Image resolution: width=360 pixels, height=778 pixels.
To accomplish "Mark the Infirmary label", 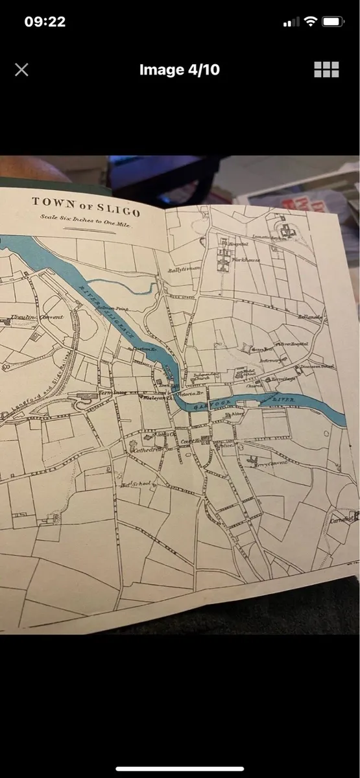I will click(268, 360).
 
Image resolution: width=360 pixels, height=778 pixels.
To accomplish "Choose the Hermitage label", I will click(284, 378).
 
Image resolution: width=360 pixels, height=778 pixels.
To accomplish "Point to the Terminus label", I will click(107, 393).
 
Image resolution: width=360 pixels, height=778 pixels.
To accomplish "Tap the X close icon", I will click(21, 70).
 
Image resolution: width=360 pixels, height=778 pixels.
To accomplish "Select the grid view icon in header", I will click(326, 70).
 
